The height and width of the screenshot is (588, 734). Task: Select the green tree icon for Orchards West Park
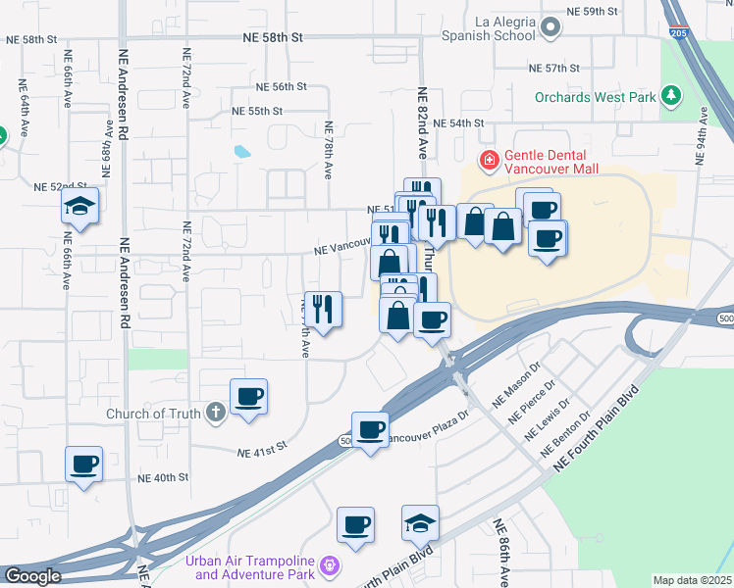671,96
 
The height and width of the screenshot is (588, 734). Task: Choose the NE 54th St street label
466,122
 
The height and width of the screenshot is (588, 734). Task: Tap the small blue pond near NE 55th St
241,152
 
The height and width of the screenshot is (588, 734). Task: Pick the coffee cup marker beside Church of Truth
249,397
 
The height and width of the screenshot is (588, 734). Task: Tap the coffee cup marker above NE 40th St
84,464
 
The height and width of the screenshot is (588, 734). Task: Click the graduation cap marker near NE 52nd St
79,207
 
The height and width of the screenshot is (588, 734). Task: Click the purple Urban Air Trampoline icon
330,565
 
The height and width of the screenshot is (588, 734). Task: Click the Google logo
32,576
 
